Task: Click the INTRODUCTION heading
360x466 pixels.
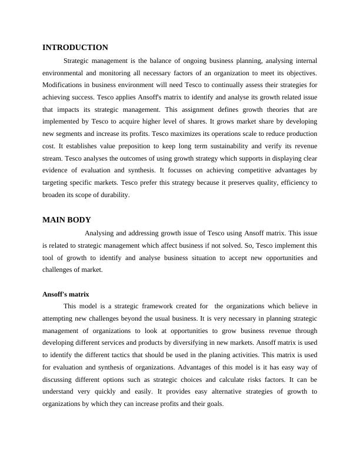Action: point(75,47)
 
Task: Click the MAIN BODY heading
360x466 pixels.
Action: point(66,219)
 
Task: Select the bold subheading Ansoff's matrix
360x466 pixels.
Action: point(66,294)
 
